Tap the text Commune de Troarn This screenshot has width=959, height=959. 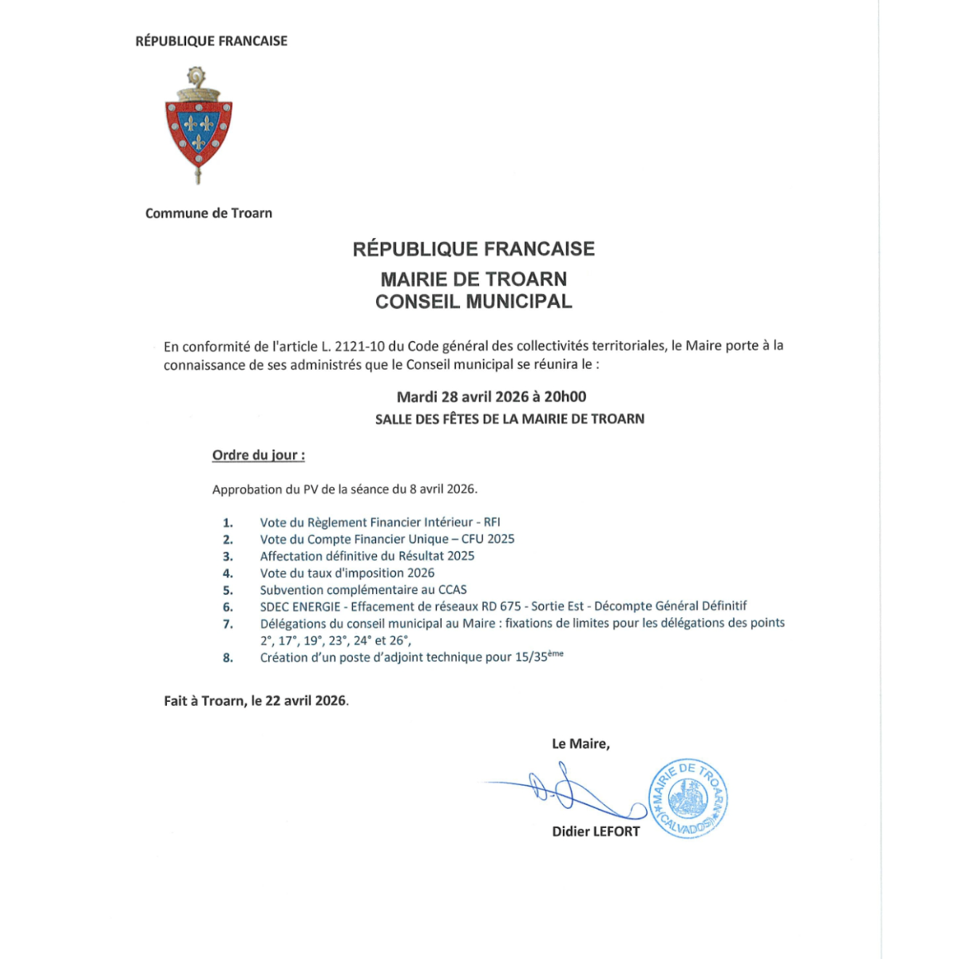208,213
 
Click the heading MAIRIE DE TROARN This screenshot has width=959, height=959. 474,279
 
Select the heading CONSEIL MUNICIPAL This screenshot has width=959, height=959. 474,301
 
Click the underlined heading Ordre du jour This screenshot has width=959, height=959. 258,455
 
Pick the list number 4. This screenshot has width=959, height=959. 228,573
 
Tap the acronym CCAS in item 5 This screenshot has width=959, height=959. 452,590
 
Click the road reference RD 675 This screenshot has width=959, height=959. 501,606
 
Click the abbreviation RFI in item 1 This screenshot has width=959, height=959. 492,522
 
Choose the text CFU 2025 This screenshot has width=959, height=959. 488,539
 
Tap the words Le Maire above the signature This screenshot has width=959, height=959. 581,743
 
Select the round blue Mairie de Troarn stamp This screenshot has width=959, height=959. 688,799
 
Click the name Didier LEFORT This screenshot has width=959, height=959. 596,831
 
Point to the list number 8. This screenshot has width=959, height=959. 228,658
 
